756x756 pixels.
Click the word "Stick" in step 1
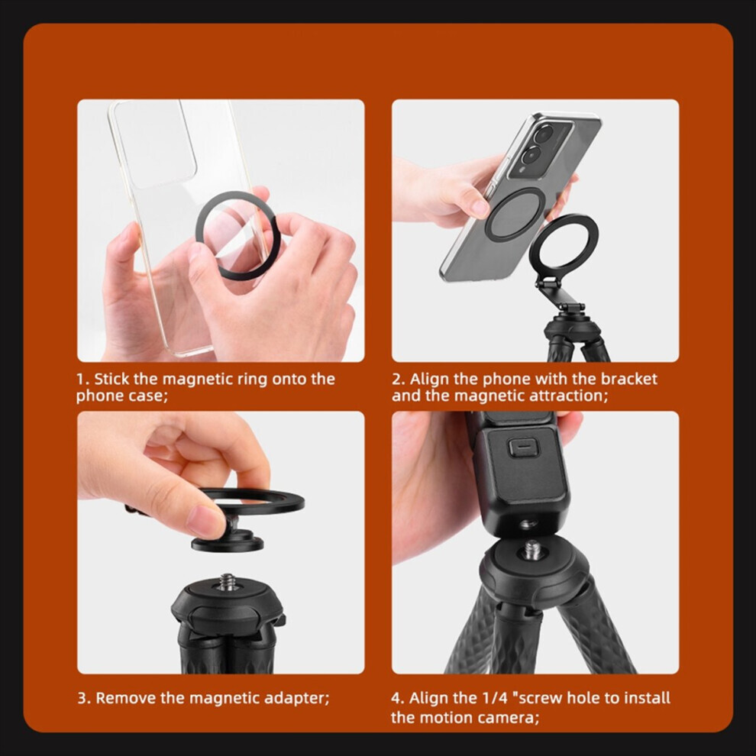coord(111,379)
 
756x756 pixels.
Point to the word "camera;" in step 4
coord(510,718)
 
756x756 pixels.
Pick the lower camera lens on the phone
coord(531,154)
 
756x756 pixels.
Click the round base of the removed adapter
coord(227,542)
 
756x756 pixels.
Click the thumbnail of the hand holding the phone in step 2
coord(478,207)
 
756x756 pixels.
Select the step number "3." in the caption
coord(84,698)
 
